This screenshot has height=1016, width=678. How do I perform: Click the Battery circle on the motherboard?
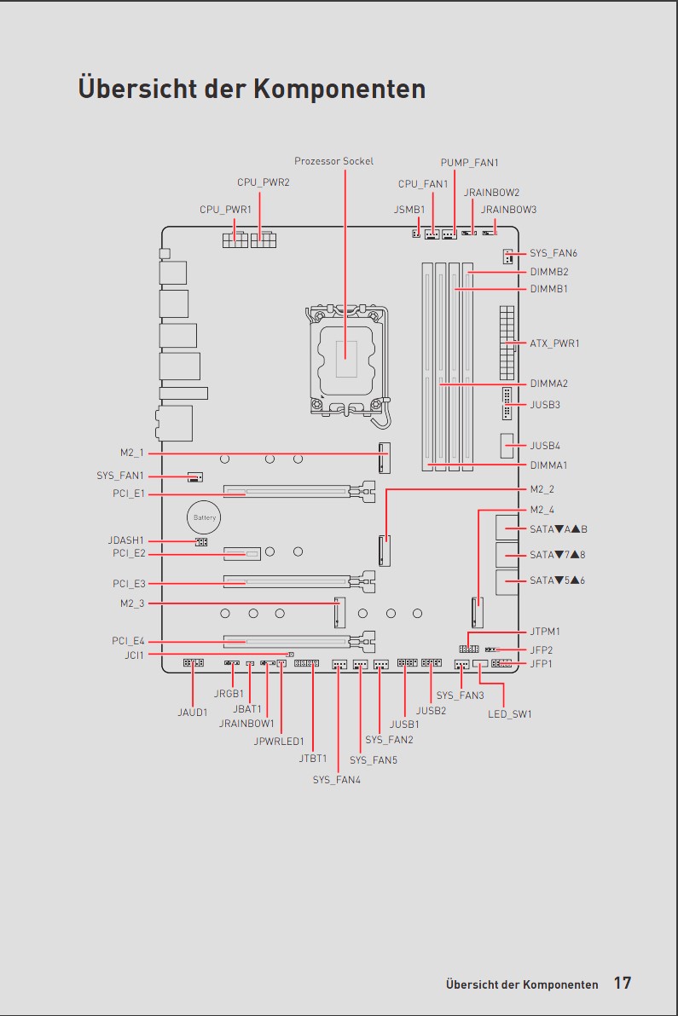(204, 517)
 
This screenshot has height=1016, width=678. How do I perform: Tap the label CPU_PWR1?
(225, 210)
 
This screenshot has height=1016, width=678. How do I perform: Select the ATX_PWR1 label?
(555, 343)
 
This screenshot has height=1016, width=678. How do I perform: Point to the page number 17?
(623, 983)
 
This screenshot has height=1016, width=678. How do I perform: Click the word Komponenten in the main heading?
(339, 88)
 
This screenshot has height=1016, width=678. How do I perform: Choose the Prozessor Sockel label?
(333, 161)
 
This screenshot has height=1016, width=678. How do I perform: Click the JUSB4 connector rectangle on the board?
(507, 446)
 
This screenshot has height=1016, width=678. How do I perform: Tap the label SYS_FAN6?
(553, 253)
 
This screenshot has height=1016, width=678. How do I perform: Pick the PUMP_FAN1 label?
(470, 163)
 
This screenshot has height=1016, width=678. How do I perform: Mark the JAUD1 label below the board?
(193, 712)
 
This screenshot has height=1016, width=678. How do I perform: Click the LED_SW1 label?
(510, 714)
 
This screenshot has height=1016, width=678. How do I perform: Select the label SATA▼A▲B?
(559, 529)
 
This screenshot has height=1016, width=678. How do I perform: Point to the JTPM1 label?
(545, 631)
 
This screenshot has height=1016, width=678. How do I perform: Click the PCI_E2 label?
(129, 553)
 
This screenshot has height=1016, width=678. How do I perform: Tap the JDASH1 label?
(125, 540)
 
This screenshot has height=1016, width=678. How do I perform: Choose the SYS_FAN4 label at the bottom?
(336, 780)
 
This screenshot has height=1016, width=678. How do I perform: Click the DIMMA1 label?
(548, 465)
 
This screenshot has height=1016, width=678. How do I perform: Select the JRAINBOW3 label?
(509, 210)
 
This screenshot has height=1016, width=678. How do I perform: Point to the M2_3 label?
(132, 603)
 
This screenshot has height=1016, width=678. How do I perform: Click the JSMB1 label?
(409, 210)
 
